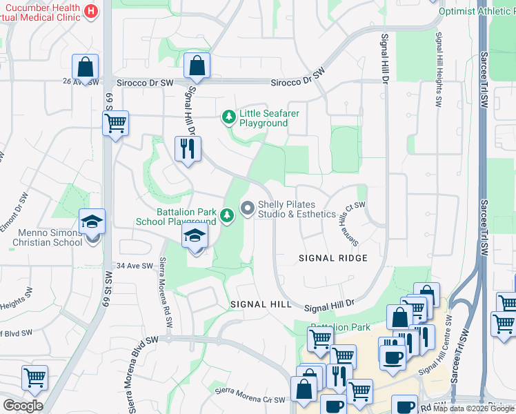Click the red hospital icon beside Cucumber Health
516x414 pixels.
pyautogui.click(x=91, y=10)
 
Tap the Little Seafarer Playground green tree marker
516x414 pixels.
pyautogui.click(x=229, y=118)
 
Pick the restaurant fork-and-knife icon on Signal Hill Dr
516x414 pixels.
pyautogui.click(x=188, y=149)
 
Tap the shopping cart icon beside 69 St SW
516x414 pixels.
pyautogui.click(x=115, y=124)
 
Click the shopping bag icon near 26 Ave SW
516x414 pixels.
pyautogui.click(x=86, y=68)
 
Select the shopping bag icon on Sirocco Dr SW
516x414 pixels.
pyautogui.click(x=197, y=66)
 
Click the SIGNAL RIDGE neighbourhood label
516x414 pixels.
pyautogui.click(x=333, y=257)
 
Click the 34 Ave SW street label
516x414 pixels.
pyautogui.click(x=133, y=266)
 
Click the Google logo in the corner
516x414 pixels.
pyautogui.click(x=23, y=406)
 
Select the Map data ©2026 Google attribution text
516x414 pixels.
pyautogui.click(x=473, y=408)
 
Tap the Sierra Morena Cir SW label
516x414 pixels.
pyautogui.click(x=249, y=395)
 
